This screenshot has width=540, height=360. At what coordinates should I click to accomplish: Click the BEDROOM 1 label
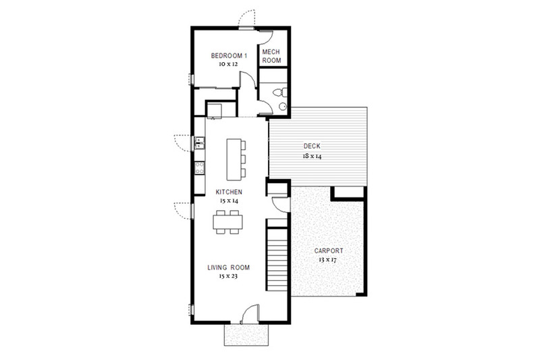(225, 55)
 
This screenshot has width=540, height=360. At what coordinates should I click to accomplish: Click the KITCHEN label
(229, 192)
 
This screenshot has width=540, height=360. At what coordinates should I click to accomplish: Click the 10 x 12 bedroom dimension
(225, 64)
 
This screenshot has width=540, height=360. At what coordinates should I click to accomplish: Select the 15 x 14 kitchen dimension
(229, 201)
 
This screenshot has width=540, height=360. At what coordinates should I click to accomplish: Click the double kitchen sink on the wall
(199, 143)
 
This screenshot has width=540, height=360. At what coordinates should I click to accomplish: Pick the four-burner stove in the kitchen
(199, 168)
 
